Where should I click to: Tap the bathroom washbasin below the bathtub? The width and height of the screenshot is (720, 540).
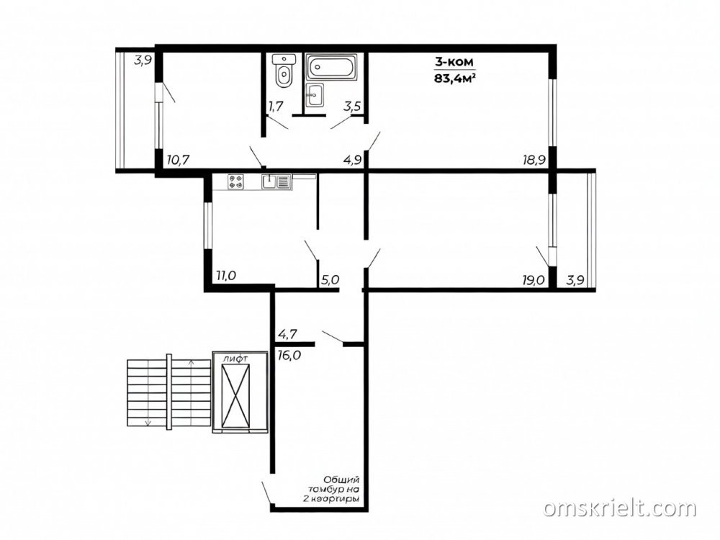[x=315, y=96]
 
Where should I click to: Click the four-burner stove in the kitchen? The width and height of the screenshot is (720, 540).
[x=236, y=182]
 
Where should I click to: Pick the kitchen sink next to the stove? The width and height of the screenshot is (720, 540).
[x=276, y=182]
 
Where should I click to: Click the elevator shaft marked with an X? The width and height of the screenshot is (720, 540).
[x=235, y=396]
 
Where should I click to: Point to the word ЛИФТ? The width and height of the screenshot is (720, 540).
[x=235, y=358]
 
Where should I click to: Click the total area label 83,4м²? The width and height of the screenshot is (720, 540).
[x=454, y=78]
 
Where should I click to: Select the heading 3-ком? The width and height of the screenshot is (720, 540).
[x=454, y=61]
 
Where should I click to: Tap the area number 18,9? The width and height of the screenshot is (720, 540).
[x=534, y=161]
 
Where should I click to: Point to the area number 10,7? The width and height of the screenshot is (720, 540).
[x=179, y=161]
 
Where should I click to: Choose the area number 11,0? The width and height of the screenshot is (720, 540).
[x=226, y=276]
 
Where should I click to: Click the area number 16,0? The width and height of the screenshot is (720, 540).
[x=289, y=355]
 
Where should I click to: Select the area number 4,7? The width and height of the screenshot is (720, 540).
[x=287, y=334]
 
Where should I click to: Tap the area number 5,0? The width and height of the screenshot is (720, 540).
[x=330, y=279]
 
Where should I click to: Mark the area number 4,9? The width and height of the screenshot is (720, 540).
[x=353, y=161]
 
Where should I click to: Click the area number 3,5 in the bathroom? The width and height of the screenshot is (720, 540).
[x=352, y=107]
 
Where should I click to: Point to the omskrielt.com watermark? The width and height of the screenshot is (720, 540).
[x=620, y=508]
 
